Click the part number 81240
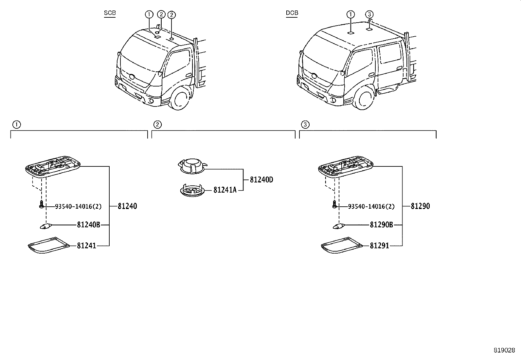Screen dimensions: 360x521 tap(127, 206)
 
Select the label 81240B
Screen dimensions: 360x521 tap(88, 225)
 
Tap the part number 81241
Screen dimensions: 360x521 tap(86, 246)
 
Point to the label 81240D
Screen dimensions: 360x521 tap(261, 180)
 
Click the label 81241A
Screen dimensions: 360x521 tap(225, 190)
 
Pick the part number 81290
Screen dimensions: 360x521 tap(420, 206)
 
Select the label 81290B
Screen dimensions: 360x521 tap(381, 225)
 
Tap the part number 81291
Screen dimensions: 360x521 tap(379, 246)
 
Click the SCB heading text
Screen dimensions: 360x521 tap(110, 13)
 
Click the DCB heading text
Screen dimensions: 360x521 tap(292, 13)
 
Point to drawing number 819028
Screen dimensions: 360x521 tap(504, 350)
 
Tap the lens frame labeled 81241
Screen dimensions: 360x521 tap(48, 245)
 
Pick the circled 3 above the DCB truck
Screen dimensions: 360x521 tap(369, 14)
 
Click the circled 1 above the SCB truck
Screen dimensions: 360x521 tap(149, 14)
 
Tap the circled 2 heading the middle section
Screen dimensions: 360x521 tap(157, 124)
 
